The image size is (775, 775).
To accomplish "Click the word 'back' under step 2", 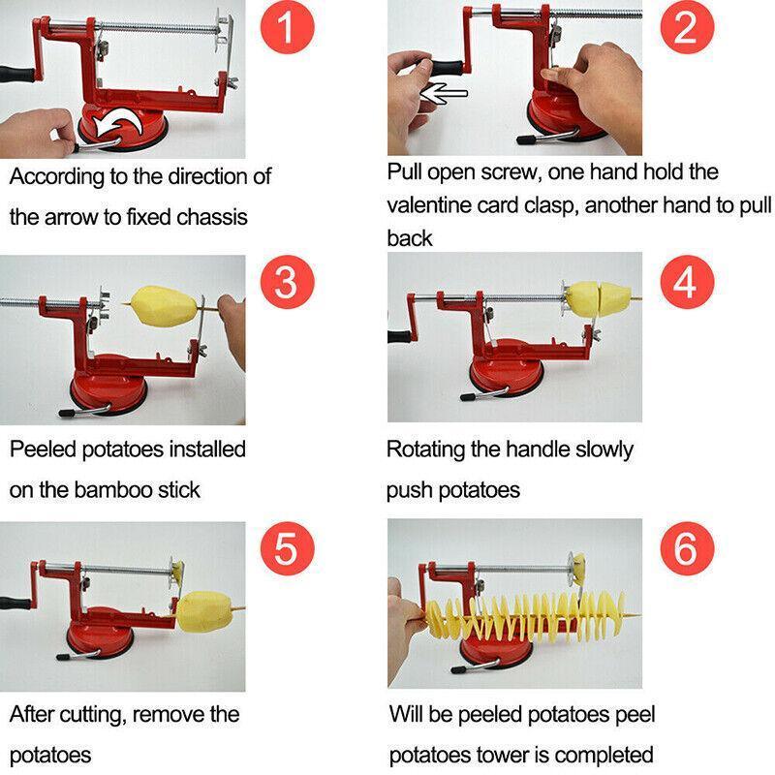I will tap(410, 237).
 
